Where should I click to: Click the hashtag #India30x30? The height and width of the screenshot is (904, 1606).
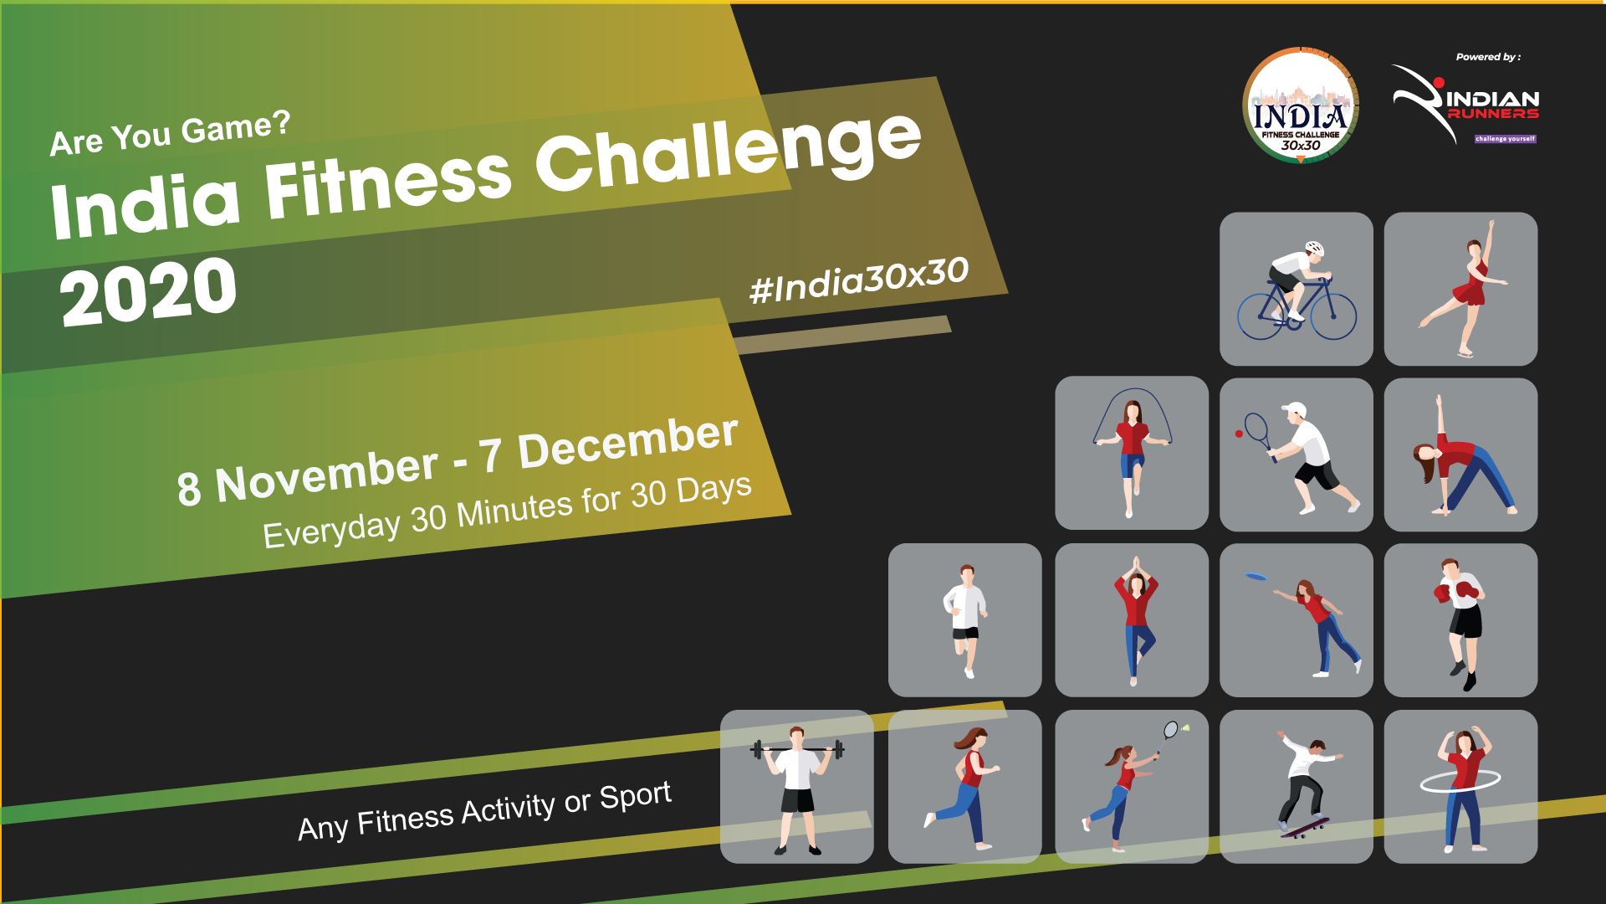(x=859, y=280)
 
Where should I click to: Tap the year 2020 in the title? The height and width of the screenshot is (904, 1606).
(x=149, y=290)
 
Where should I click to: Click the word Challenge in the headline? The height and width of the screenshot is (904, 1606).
(x=729, y=150)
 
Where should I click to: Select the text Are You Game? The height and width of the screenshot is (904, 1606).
(x=170, y=133)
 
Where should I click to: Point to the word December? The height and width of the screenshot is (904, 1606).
(x=627, y=443)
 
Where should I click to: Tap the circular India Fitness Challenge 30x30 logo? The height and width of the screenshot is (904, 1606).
(x=1300, y=105)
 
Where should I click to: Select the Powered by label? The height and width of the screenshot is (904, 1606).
(x=1488, y=57)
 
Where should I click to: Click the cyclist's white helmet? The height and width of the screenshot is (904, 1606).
(x=1315, y=248)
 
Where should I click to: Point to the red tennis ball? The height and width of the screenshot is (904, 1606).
(x=1239, y=434)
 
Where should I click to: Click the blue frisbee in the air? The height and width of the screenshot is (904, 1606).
(x=1256, y=576)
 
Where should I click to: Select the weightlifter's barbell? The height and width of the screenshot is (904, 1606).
(x=797, y=749)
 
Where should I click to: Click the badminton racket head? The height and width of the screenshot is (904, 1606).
(x=1171, y=730)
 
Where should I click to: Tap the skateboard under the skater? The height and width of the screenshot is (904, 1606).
(x=1304, y=828)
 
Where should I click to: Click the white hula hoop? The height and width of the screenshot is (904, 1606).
(x=1460, y=781)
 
